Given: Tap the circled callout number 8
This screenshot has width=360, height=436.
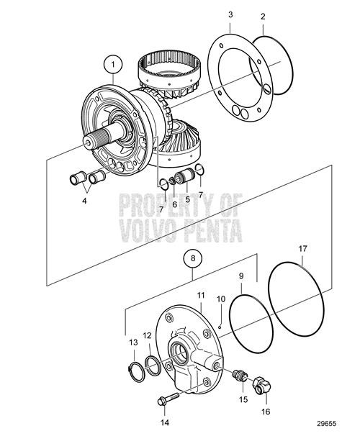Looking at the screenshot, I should pyautogui.click(x=194, y=256).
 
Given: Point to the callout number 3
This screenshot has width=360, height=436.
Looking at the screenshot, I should pyautogui.click(x=230, y=14).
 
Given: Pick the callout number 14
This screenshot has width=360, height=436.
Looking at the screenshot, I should pyautogui.click(x=164, y=422).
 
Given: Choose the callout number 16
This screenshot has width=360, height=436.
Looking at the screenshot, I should pyautogui.click(x=267, y=412).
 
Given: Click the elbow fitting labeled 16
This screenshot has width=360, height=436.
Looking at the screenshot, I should pyautogui.click(x=264, y=386).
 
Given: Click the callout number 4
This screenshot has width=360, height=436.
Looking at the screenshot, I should pyautogui.click(x=84, y=200).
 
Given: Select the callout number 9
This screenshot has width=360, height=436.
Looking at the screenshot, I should pyautogui.click(x=241, y=275).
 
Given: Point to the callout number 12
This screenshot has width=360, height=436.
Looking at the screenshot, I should pyautogui.click(x=146, y=335).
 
